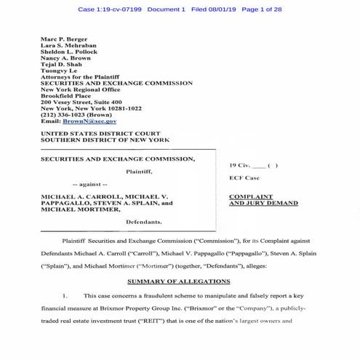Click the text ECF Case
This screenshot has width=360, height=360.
coord(242,177)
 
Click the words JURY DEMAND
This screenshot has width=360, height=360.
coord(264,204)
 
